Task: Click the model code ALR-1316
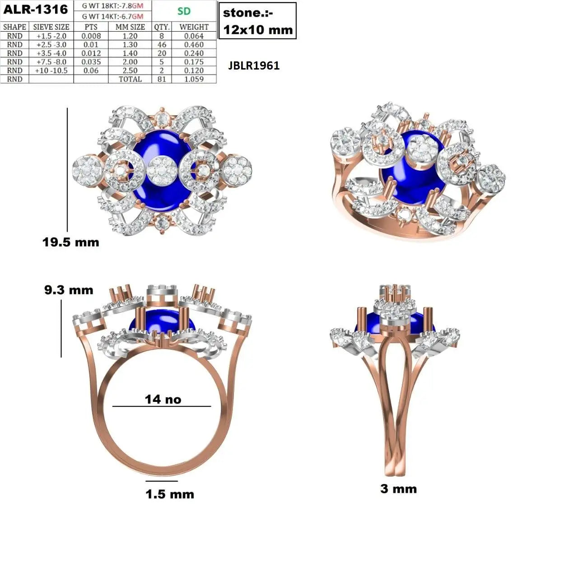coord(36,9)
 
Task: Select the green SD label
coord(184,11)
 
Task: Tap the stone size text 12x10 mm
coord(258,30)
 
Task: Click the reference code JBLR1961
coord(254,65)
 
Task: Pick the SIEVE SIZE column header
coord(51,27)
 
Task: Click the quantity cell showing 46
coord(162,45)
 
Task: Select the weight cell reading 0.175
coord(194,62)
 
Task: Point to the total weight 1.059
coord(194,79)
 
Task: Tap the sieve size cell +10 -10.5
coord(51,70)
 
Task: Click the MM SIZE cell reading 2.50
coord(130,70)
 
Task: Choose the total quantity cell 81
coord(162,79)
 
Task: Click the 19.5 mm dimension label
coord(71,242)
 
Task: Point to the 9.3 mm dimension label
coord(69,290)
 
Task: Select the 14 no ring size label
coord(163,399)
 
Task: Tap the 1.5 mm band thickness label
coord(170,494)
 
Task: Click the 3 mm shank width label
coord(399,489)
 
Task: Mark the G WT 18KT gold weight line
coord(112,6)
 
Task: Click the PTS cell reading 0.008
coord(91,36)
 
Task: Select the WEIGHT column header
coord(194,27)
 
